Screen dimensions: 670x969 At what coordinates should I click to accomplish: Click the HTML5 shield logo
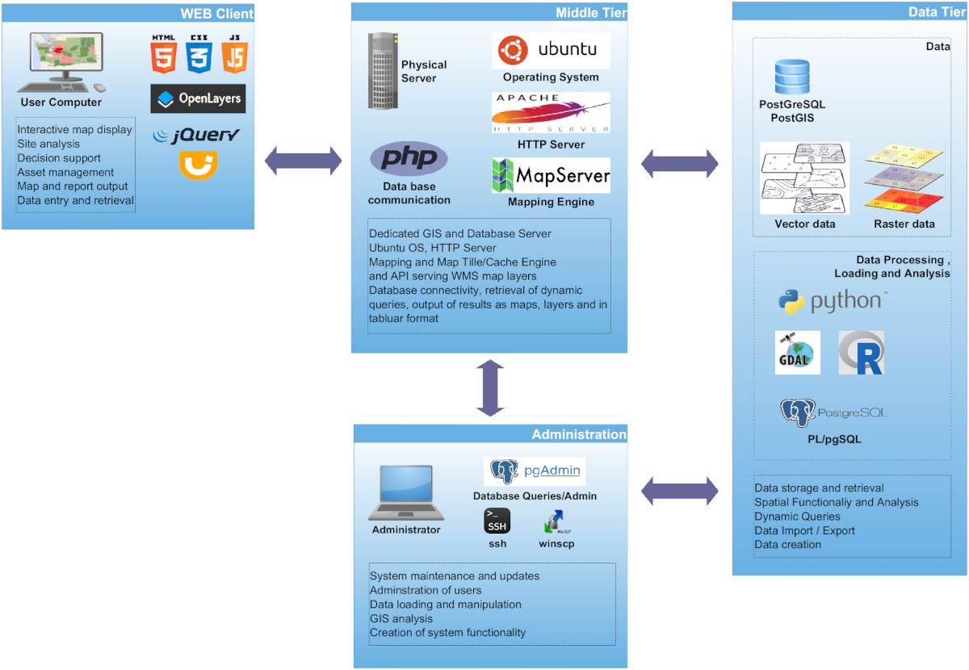tap(163, 54)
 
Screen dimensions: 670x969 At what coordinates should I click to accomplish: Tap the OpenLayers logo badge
tap(198, 98)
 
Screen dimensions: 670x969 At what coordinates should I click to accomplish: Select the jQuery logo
tap(197, 135)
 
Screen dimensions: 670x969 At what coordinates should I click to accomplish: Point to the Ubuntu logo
tap(551, 50)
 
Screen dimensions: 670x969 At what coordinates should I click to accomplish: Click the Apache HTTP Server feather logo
tap(551, 113)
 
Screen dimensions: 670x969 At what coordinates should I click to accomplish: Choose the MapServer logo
tap(551, 175)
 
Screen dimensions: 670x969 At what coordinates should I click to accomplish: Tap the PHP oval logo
tap(409, 158)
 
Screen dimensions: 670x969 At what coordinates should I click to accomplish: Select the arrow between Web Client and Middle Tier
tap(304, 161)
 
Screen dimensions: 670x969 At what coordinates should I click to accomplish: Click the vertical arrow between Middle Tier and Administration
tap(489, 387)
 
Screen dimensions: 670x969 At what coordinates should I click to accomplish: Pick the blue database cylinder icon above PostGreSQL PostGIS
tap(792, 77)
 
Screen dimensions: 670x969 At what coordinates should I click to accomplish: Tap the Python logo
tap(833, 302)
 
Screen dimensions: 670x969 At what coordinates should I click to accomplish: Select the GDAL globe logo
tap(798, 353)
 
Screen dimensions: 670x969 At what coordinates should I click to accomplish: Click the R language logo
tap(862, 353)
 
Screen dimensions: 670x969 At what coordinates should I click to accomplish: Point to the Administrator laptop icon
tap(406, 493)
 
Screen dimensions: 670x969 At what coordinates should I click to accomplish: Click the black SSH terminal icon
tap(497, 521)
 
